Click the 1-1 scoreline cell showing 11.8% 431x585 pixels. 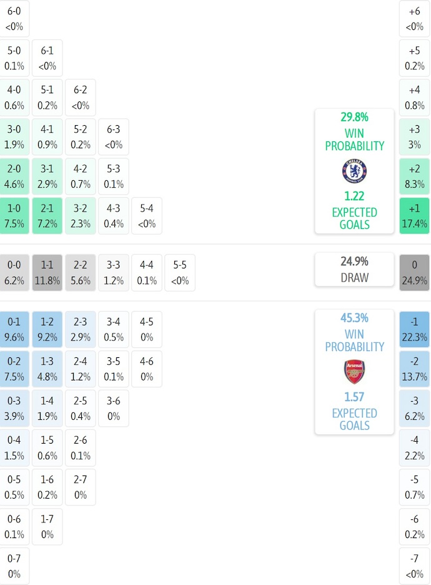47,273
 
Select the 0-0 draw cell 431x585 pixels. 14,273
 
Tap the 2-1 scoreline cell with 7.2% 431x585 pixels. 47,216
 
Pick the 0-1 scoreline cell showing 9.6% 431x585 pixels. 14,330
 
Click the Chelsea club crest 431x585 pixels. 354,171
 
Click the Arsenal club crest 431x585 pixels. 354,372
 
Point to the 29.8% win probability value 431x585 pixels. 354,117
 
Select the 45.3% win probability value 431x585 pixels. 354,318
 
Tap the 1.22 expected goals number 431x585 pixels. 354,196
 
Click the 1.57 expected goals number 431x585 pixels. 354,397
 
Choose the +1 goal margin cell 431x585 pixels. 414,216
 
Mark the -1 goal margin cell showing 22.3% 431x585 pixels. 414,330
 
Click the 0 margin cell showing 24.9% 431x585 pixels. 414,273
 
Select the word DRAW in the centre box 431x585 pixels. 354,277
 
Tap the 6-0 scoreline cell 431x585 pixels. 14,19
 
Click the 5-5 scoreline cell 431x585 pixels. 179,273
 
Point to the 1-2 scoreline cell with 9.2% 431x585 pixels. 47,330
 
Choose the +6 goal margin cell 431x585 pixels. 414,19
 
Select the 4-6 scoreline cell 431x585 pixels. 147,369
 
